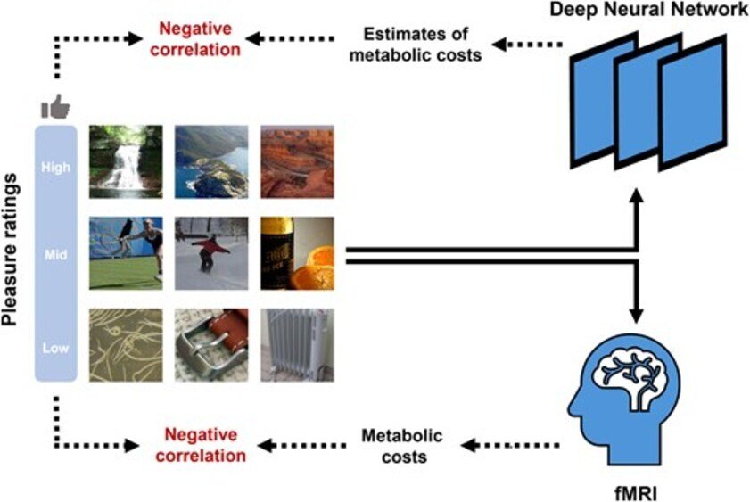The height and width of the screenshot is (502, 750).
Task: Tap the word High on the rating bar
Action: [55, 167]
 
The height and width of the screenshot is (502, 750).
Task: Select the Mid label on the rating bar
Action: [55, 253]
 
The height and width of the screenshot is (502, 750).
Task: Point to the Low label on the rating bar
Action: [55, 348]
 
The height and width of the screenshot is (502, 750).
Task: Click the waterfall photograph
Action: [126, 160]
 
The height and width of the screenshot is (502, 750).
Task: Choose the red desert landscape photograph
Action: [297, 160]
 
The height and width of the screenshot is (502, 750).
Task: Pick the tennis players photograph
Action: [126, 253]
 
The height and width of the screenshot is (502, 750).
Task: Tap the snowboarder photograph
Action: [210, 253]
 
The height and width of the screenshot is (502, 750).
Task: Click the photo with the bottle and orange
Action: [297, 253]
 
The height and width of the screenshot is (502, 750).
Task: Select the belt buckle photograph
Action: [210, 345]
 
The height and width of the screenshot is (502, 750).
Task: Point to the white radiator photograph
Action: [297, 345]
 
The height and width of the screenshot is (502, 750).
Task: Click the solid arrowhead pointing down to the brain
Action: [637, 315]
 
